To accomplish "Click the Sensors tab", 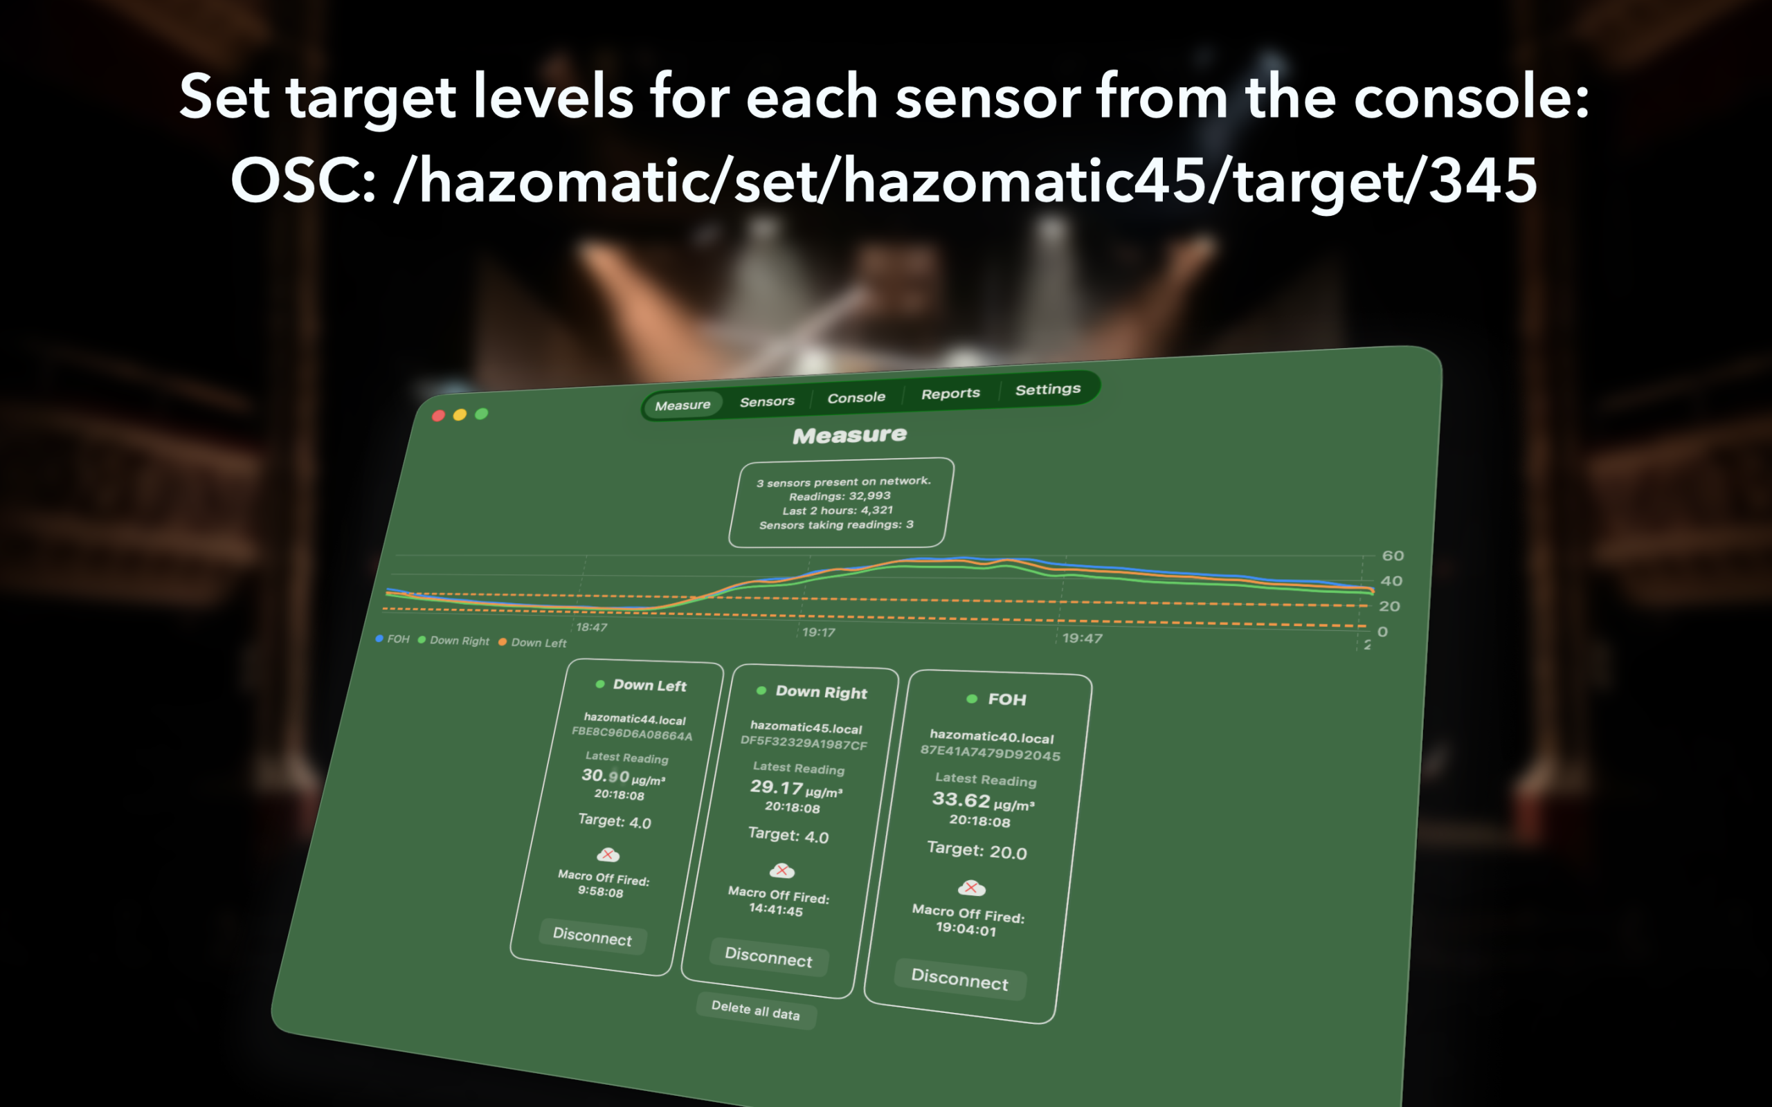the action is pyautogui.click(x=767, y=401).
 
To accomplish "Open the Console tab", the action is pyautogui.click(x=856, y=398).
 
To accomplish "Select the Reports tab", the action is pyautogui.click(x=950, y=393).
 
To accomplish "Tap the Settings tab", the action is pyautogui.click(x=1048, y=389).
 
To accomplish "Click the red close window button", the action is pyautogui.click(x=439, y=416).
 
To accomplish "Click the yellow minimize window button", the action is pyautogui.click(x=460, y=415).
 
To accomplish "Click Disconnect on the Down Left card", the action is pyautogui.click(x=593, y=936).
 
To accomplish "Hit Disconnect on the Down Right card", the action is pyautogui.click(x=769, y=957).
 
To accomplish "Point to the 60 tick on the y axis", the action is pyautogui.click(x=1393, y=556).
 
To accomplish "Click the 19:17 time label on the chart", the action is pyautogui.click(x=819, y=632).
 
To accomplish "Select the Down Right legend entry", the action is pyautogui.click(x=453, y=641).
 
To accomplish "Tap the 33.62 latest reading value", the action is pyautogui.click(x=961, y=800).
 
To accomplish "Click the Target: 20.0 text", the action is pyautogui.click(x=977, y=850).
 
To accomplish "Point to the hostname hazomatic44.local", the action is pyautogui.click(x=635, y=720).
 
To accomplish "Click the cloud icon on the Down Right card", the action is pyautogui.click(x=782, y=870).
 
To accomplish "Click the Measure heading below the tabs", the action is pyautogui.click(x=849, y=436).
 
